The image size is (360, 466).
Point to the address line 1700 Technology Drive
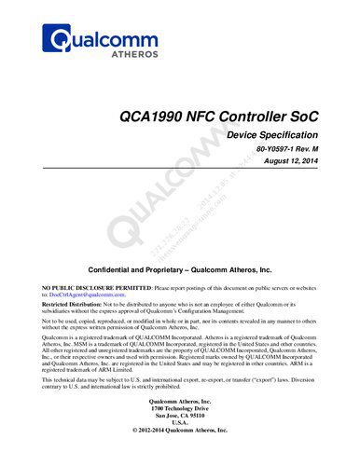180,411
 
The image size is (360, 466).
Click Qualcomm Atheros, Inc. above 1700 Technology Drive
180,404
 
